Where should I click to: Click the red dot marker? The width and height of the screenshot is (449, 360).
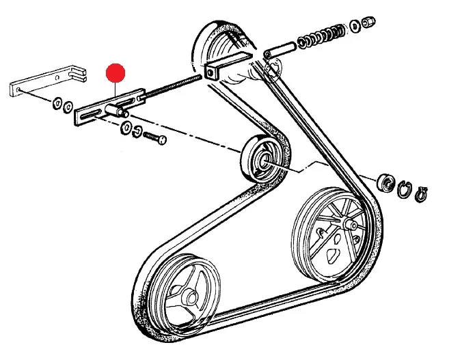coord(117,72)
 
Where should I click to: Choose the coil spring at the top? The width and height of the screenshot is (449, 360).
coord(324,36)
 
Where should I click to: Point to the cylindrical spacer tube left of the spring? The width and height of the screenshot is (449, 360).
coord(280,50)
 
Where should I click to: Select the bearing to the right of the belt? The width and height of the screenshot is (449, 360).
coord(385,182)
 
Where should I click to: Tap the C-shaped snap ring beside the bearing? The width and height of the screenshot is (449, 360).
coord(405,188)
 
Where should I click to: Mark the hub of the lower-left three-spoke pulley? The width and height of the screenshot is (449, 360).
coord(187,296)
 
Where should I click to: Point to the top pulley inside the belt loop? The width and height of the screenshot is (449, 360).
coord(226,55)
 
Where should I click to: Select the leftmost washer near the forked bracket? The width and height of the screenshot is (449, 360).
coord(56,104)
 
